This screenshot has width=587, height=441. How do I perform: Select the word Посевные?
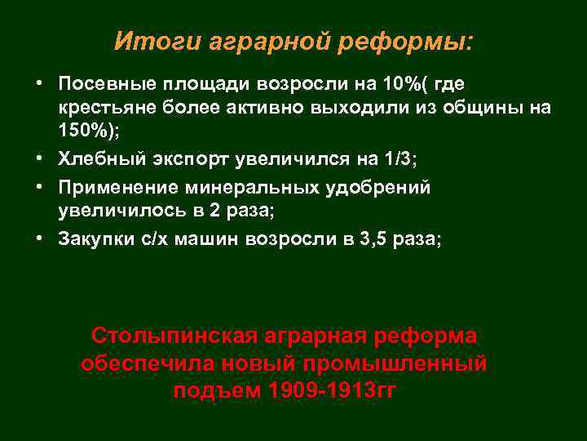pos(101,85)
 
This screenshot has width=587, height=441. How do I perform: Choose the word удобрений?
pos(383,188)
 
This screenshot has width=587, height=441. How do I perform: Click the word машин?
pos(216,239)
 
